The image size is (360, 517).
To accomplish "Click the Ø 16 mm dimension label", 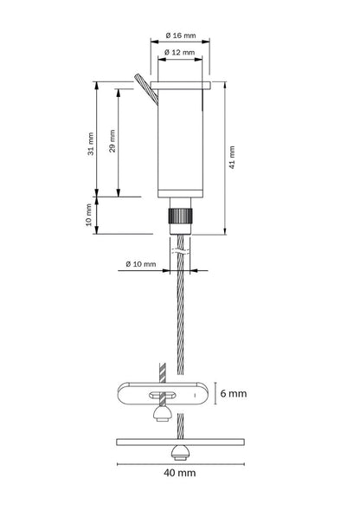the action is click(x=181, y=35).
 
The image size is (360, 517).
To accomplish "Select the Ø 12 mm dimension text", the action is click(x=179, y=52).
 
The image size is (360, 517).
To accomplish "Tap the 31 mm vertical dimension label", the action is click(x=91, y=144).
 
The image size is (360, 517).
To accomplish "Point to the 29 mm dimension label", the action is click(x=112, y=141).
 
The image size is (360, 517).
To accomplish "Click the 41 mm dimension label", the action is click(x=232, y=158).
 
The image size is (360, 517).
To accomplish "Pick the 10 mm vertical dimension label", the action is click(x=89, y=215).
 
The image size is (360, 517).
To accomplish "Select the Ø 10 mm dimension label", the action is click(x=141, y=264).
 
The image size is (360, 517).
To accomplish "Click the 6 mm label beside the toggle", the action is click(x=234, y=393).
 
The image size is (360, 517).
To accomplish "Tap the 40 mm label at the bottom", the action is click(x=180, y=473).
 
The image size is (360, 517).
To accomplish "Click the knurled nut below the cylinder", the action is click(x=180, y=216).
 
